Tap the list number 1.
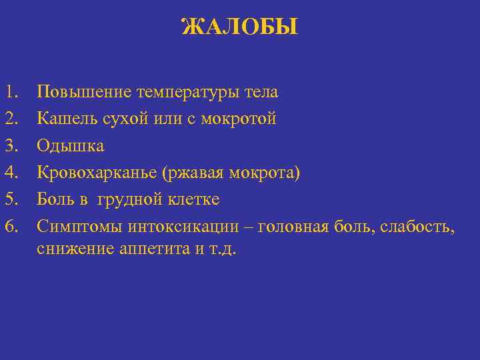point(11,92)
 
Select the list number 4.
point(11,173)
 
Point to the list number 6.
point(11,226)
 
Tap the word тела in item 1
point(262,92)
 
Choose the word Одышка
point(71,146)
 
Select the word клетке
point(191,199)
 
